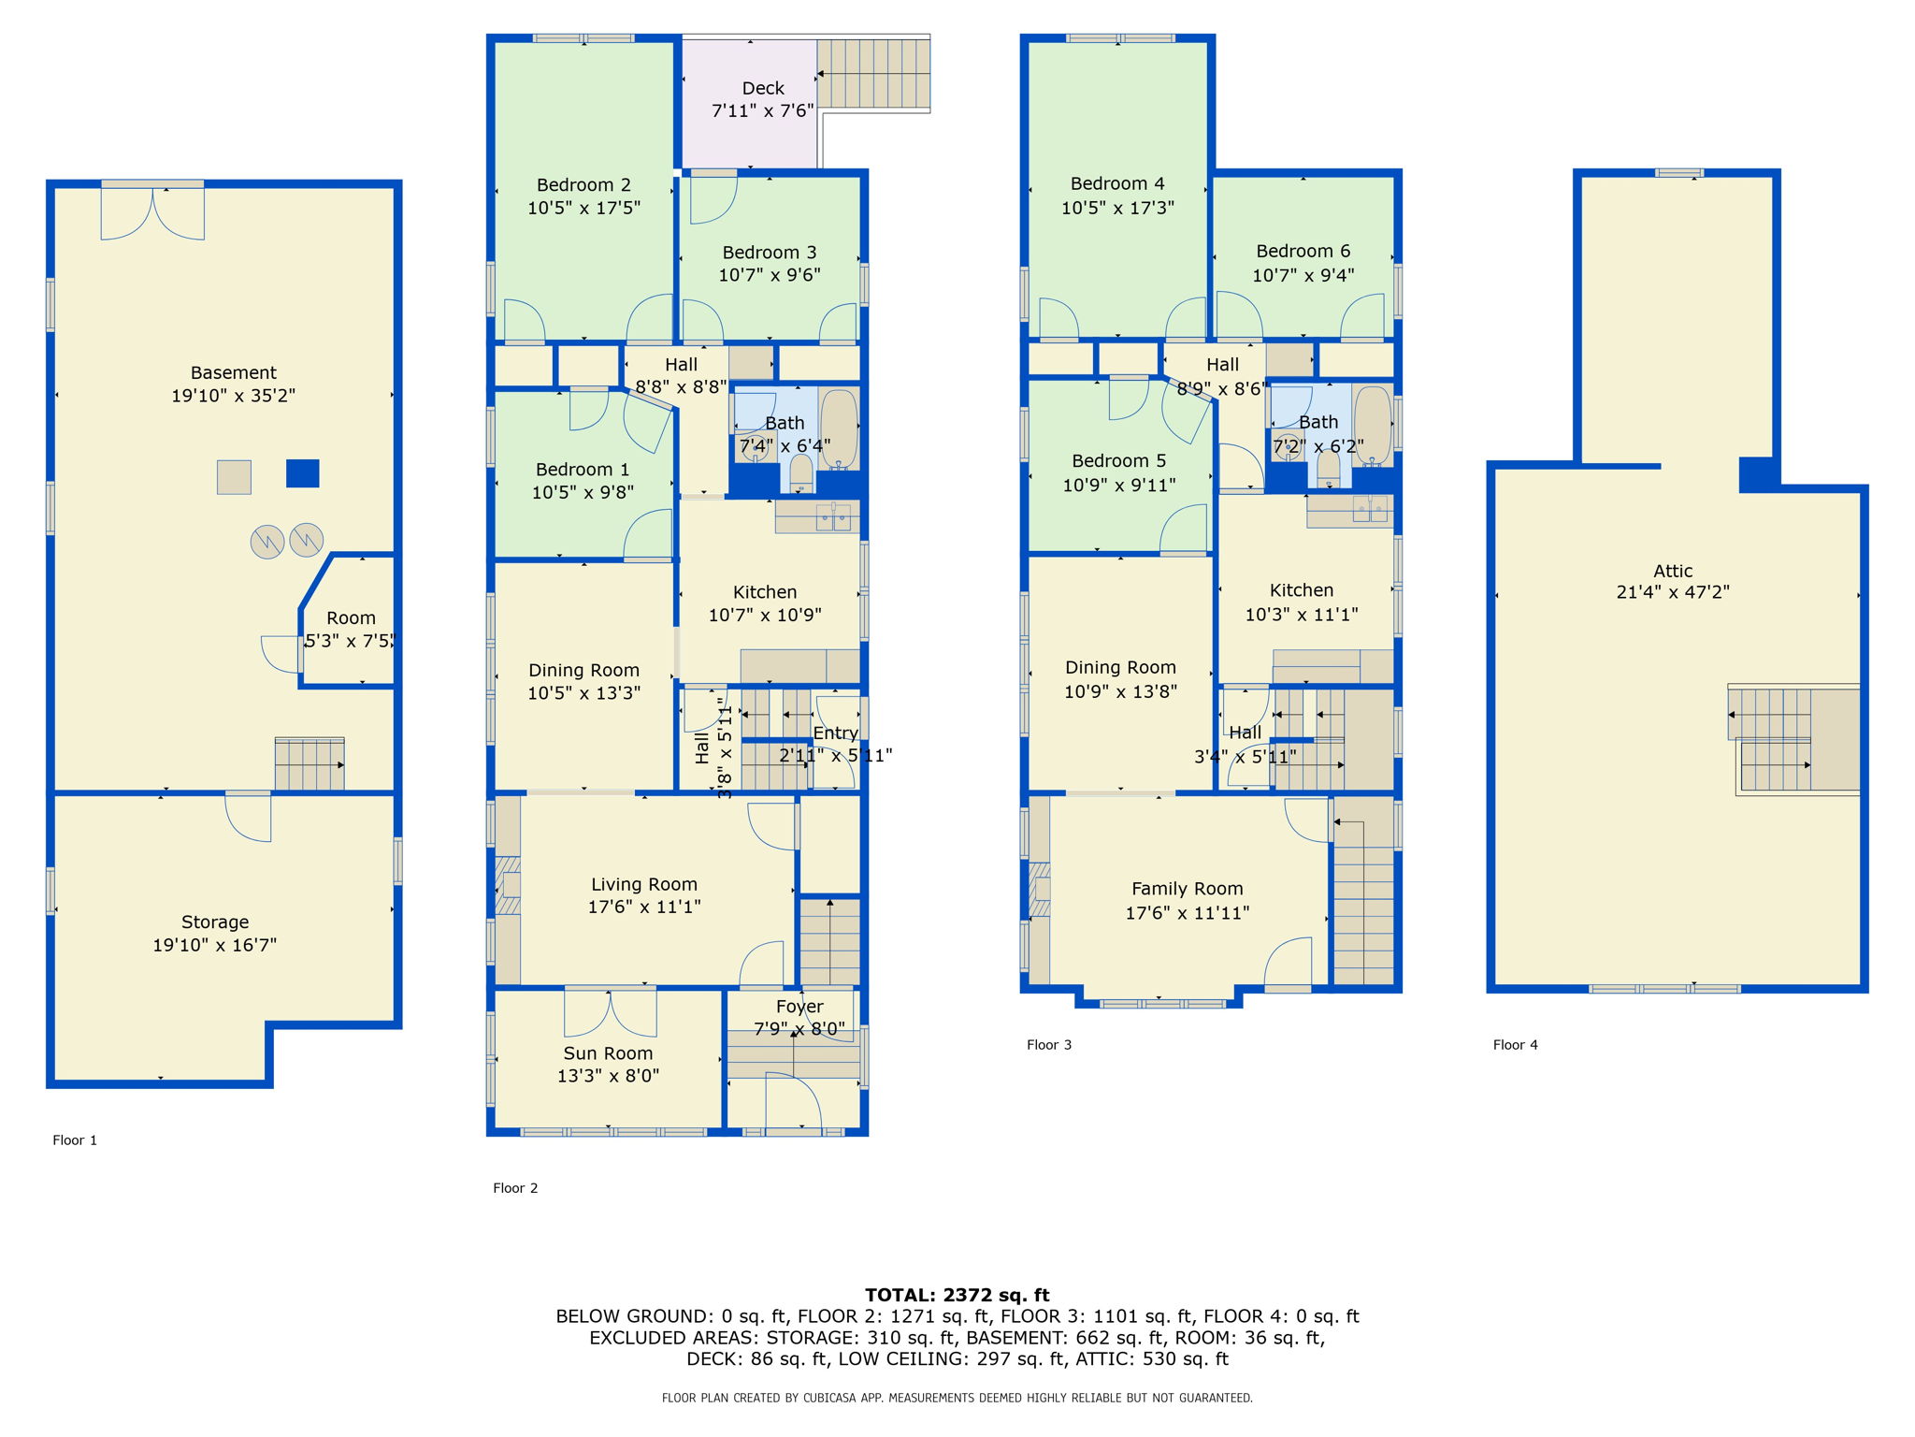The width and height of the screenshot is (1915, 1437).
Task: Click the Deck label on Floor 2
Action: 763,88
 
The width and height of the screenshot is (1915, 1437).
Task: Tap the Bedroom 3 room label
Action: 770,253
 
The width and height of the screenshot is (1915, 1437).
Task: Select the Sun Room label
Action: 608,1053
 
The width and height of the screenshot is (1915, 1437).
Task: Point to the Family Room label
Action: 1188,889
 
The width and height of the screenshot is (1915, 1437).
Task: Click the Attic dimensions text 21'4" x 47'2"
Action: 1673,592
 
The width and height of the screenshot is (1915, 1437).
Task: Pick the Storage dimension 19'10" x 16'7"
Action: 215,945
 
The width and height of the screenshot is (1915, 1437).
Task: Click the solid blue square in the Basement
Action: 303,473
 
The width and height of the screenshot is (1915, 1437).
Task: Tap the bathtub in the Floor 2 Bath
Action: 839,429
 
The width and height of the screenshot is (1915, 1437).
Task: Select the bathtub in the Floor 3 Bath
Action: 1373,427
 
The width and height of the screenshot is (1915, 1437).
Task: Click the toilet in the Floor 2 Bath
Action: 801,473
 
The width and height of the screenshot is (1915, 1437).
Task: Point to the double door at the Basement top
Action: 153,213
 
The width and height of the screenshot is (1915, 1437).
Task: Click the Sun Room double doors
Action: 611,1012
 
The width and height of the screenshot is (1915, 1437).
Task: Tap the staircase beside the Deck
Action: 874,74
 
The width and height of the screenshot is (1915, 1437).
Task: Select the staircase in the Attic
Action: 1793,740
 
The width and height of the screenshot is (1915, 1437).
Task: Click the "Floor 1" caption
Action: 75,1140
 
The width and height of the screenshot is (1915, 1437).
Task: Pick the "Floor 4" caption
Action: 1516,1045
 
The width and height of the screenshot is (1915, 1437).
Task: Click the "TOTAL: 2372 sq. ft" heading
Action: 957,1296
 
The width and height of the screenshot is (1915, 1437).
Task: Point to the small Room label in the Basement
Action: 352,618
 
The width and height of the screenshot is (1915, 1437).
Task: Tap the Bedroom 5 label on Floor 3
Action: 1119,461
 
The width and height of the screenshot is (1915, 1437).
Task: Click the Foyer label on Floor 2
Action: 799,1007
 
